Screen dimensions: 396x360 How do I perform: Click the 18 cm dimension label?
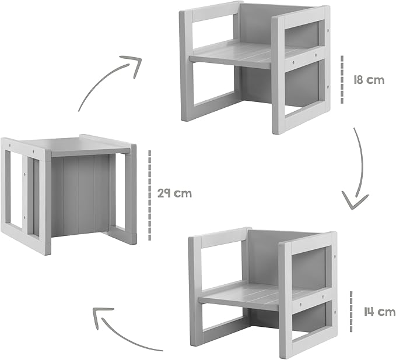(x=369, y=80)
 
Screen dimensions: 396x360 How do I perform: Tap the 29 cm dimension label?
(x=174, y=193)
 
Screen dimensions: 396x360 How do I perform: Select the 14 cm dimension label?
(x=380, y=312)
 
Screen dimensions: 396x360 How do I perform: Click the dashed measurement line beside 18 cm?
(x=342, y=79)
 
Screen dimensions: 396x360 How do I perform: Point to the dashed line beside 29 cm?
(x=149, y=195)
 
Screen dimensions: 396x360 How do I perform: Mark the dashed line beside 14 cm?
(x=351, y=312)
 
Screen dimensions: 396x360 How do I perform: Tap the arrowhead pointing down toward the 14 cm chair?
(x=355, y=201)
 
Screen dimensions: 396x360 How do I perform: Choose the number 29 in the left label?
(x=163, y=193)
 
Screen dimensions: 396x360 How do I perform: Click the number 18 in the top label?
(x=358, y=80)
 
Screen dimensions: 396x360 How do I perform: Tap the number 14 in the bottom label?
(x=369, y=312)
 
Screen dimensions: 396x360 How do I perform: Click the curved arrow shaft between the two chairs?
(x=360, y=161)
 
